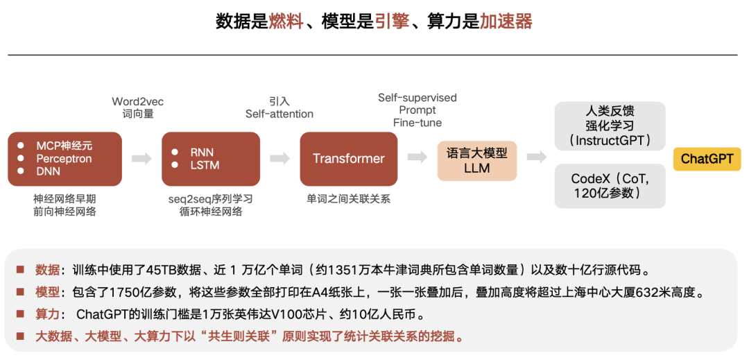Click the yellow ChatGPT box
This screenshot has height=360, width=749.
point(707,159)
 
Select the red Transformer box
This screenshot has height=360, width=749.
point(348,159)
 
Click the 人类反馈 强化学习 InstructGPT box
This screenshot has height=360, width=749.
point(610,126)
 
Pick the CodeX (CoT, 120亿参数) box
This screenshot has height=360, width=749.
point(610,186)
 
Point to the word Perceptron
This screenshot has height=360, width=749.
point(64,159)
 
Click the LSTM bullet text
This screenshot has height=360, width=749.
point(205,165)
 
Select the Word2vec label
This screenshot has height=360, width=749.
point(138,102)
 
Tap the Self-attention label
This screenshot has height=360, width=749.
point(279,114)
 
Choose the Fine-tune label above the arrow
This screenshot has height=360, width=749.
point(417,123)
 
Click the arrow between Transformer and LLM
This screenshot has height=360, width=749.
point(417,157)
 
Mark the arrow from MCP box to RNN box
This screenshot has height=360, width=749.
point(141,159)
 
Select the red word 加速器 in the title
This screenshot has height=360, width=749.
point(506,22)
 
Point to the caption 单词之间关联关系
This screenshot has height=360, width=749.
point(349,199)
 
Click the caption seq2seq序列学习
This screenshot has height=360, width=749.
point(211,199)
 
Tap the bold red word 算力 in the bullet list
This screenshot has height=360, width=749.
point(47,315)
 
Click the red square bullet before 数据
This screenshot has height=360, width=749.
point(20,269)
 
